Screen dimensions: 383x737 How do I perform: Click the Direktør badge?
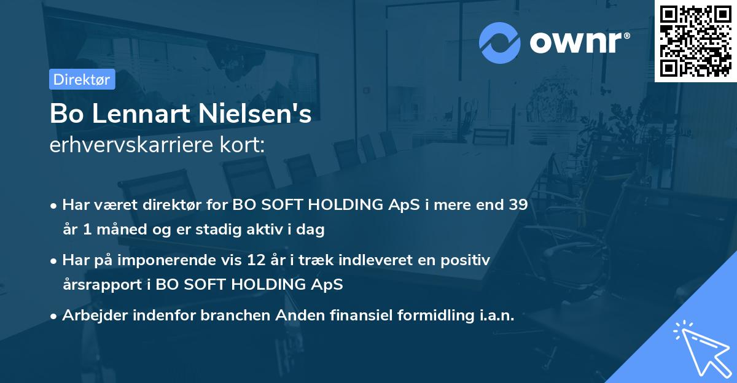(81, 79)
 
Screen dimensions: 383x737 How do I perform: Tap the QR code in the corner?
(695, 41)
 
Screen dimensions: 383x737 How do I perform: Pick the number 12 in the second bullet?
(238, 260)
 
